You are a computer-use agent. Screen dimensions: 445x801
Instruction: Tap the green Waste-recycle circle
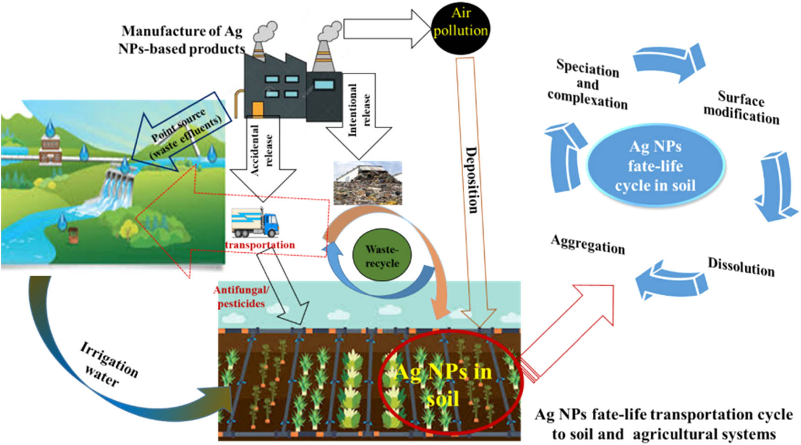pyautogui.click(x=382, y=255)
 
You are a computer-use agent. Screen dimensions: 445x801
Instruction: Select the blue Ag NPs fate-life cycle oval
pyautogui.click(x=655, y=166)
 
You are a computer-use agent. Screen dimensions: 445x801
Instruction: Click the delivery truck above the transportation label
pyautogui.click(x=255, y=222)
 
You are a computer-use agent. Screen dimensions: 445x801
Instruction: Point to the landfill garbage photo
pyautogui.click(x=368, y=183)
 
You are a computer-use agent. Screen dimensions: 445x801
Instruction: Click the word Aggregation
pyautogui.click(x=588, y=244)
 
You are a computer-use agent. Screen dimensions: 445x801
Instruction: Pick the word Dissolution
pyautogui.click(x=741, y=267)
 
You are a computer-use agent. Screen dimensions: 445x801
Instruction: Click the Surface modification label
pyautogui.click(x=741, y=107)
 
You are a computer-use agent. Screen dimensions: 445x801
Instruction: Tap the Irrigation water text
pyautogui.click(x=108, y=364)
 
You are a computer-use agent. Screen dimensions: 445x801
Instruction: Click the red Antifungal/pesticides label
pyautogui.click(x=241, y=297)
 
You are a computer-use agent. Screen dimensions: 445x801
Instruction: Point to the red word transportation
pyautogui.click(x=260, y=245)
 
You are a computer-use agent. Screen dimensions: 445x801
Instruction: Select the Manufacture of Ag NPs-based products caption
pyautogui.click(x=182, y=40)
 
